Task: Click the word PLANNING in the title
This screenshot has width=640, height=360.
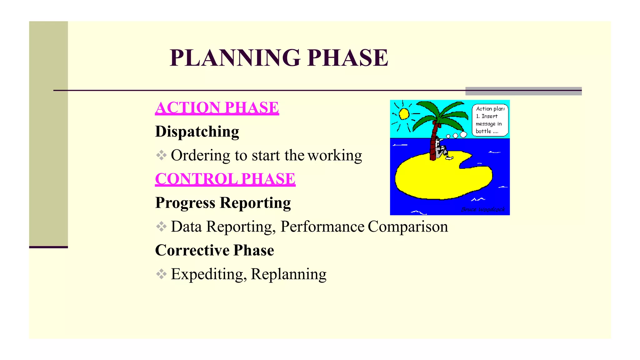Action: click(x=235, y=58)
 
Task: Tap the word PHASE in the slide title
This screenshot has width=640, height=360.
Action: click(x=347, y=58)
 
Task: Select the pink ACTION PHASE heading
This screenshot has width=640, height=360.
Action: click(x=217, y=108)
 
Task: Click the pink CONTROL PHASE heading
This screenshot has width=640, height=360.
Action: click(x=225, y=179)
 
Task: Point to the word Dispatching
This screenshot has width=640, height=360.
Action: click(x=197, y=132)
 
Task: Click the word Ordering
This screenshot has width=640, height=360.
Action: click(x=200, y=155)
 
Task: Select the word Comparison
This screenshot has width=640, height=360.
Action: click(x=408, y=227)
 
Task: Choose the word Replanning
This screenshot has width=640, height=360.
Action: click(x=288, y=274)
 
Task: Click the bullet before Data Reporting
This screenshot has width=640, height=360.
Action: click(x=161, y=226)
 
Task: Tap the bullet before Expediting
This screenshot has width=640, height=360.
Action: click(x=161, y=274)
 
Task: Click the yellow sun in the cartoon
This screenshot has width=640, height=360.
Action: click(x=404, y=114)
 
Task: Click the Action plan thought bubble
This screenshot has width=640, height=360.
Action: click(x=490, y=120)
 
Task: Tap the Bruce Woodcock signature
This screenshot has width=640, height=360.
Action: click(x=483, y=209)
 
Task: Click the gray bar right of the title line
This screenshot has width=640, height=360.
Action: click(x=523, y=91)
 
